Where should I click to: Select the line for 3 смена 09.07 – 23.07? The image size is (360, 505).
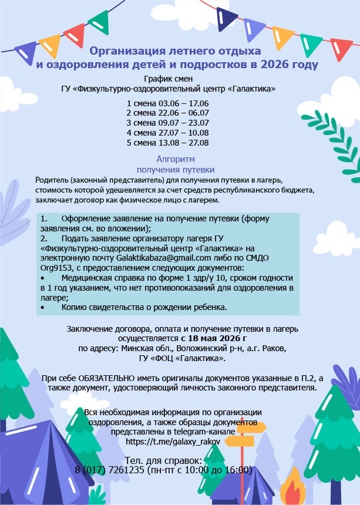(x=167, y=123)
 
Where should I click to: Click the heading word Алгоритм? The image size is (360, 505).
(x=176, y=159)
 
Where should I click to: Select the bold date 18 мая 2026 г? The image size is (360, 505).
(x=214, y=339)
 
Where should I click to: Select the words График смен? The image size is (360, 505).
(x=167, y=79)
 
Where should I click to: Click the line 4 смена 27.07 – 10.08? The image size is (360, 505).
(x=167, y=133)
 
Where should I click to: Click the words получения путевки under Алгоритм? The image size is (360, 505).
(x=176, y=169)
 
